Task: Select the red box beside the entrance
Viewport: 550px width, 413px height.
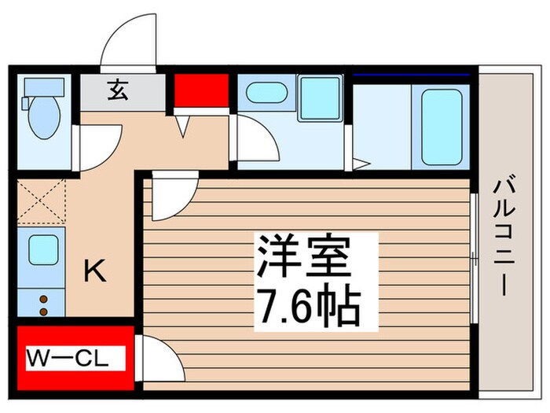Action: coord(200,90)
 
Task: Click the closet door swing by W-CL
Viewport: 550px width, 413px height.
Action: coord(157,358)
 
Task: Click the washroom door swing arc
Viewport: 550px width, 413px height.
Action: coord(256,142)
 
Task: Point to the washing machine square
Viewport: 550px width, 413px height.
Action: coord(319,98)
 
